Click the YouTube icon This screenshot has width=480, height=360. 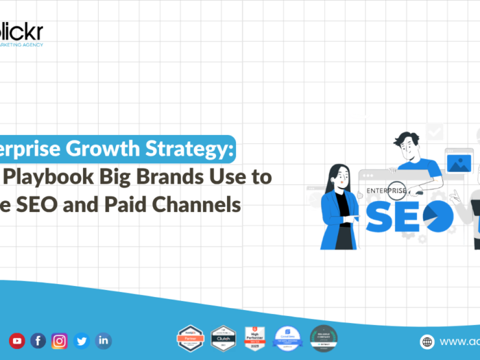tap(16, 340)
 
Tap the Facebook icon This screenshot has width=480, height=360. tap(38, 340)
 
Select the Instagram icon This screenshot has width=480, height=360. tap(60, 340)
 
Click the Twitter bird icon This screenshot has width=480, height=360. tap(82, 340)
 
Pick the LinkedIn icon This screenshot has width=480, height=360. tap(103, 340)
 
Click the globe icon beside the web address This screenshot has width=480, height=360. tap(427, 341)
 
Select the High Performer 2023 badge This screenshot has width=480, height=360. tap(254, 337)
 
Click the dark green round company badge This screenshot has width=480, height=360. tap(323, 337)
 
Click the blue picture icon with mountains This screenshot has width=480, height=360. tap(458, 162)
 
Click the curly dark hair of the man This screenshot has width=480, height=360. tap(405, 138)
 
